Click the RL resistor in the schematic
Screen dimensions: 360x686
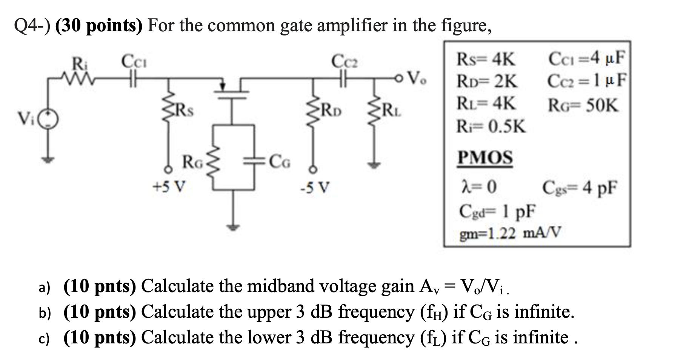click(374, 110)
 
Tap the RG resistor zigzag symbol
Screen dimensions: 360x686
click(214, 163)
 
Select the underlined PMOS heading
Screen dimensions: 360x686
click(485, 158)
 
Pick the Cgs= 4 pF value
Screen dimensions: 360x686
click(580, 187)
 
